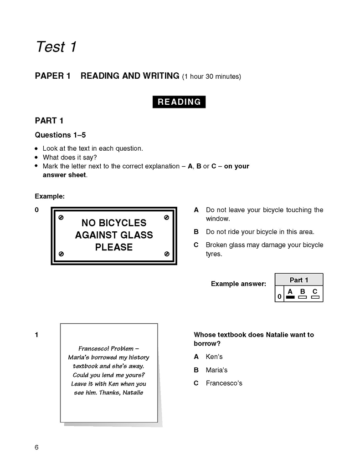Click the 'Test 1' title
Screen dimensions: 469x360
tap(56, 46)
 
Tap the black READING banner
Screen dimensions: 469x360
tap(179, 102)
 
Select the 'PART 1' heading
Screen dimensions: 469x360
tap(49, 121)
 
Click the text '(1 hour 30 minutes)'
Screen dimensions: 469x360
tap(211, 76)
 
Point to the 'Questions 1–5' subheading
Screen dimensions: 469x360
tap(60, 135)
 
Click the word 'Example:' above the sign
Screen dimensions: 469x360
tap(50, 197)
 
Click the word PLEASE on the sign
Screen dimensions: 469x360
tap(114, 248)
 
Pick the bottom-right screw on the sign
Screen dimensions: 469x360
tap(166, 253)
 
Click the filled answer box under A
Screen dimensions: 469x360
tap(290, 297)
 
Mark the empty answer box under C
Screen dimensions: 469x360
tap(315, 297)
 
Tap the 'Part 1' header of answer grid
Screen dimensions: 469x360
tap(299, 280)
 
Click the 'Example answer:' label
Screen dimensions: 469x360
tap(238, 284)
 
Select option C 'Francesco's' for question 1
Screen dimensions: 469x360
tap(224, 383)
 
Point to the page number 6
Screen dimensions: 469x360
tap(36, 447)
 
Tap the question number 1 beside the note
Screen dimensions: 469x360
tap(36, 335)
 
